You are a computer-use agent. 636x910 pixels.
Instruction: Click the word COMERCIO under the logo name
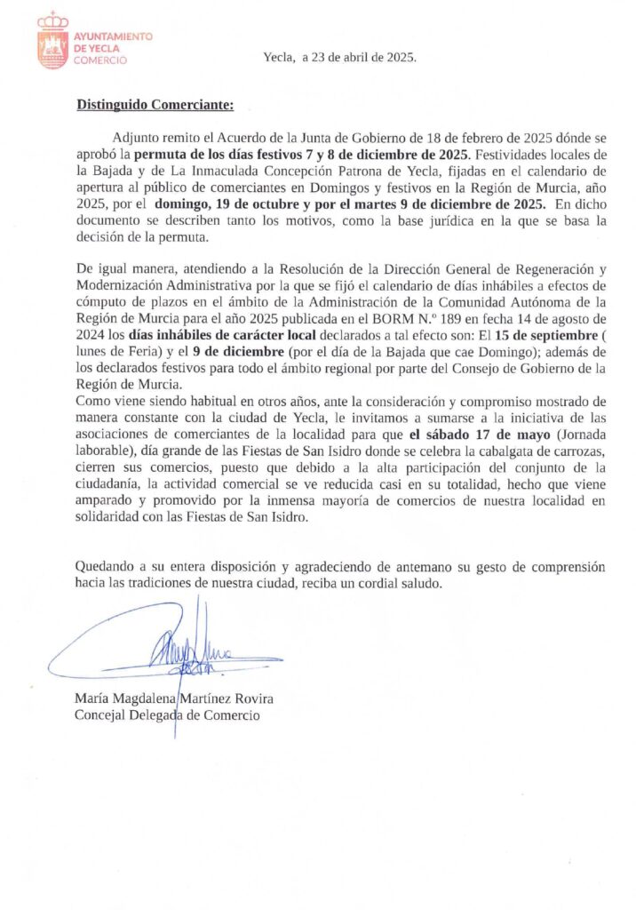point(99,60)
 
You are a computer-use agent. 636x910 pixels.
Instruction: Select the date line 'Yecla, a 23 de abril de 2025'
point(339,58)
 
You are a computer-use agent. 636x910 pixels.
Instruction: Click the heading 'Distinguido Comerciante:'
point(154,105)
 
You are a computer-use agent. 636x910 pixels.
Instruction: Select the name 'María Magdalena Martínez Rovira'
point(174,698)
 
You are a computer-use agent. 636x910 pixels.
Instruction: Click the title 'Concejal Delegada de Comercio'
point(167,714)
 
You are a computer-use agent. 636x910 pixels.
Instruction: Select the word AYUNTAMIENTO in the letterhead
point(113,36)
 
